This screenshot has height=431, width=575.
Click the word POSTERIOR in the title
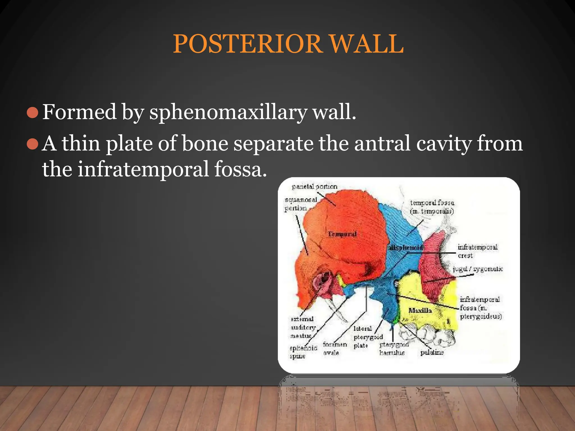tap(247, 44)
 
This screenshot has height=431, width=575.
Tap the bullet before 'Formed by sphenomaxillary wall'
tap(32, 113)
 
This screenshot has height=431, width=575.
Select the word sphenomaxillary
tap(228, 113)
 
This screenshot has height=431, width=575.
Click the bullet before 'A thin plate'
tap(32, 144)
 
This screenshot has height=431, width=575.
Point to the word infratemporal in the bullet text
tap(143, 169)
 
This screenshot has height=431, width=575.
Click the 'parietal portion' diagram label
tap(314, 187)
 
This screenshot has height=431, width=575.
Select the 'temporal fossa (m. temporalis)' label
tap(432, 207)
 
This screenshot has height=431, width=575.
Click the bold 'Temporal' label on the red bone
tap(342, 234)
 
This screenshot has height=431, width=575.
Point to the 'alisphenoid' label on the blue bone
tap(406, 247)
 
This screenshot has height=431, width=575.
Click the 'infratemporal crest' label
tap(477, 251)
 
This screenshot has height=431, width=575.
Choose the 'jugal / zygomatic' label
tap(478, 269)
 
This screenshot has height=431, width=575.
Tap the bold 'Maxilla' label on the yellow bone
tap(420, 310)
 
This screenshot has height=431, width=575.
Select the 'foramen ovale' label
tap(334, 348)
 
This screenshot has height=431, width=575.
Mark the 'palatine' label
tap(432, 352)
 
